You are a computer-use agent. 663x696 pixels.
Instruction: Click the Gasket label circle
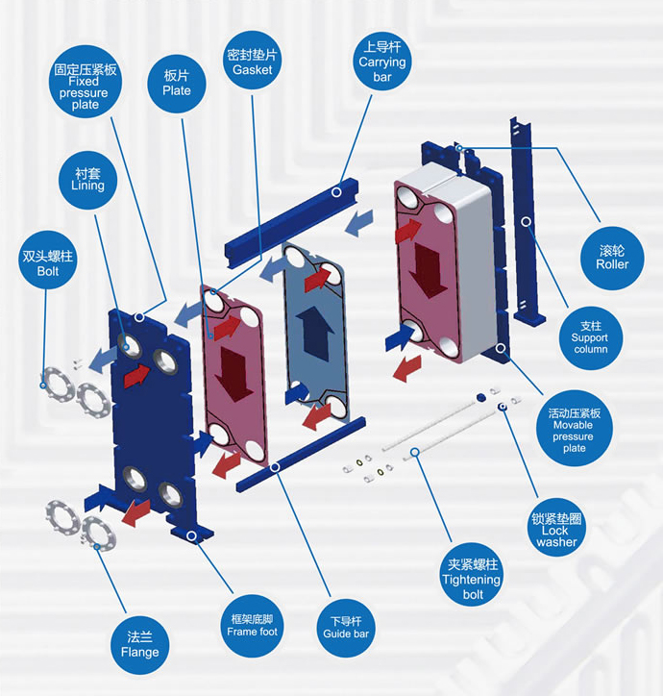coord(252,60)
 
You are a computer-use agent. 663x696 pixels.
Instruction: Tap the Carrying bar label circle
coord(382,61)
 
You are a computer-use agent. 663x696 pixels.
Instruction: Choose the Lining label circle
coord(87,180)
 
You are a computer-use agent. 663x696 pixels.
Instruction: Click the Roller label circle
coord(612,258)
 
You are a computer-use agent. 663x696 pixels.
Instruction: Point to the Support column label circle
coord(590,337)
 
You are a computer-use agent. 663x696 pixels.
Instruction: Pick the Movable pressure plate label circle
coord(575,429)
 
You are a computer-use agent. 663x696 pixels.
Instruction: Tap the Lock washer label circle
coord(556,528)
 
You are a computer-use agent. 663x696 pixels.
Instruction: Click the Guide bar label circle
coord(346,628)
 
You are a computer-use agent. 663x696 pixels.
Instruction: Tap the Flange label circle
coord(139,645)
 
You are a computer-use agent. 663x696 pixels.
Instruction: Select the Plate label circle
coord(177,84)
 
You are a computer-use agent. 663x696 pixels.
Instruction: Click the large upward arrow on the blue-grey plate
coord(315,333)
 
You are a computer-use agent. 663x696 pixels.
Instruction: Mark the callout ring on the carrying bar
coord(336,191)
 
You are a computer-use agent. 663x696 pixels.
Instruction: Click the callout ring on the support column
coord(526,221)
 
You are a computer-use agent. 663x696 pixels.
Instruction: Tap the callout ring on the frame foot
coord(192,535)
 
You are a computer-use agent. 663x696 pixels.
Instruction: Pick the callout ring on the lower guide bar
coord(275,467)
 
